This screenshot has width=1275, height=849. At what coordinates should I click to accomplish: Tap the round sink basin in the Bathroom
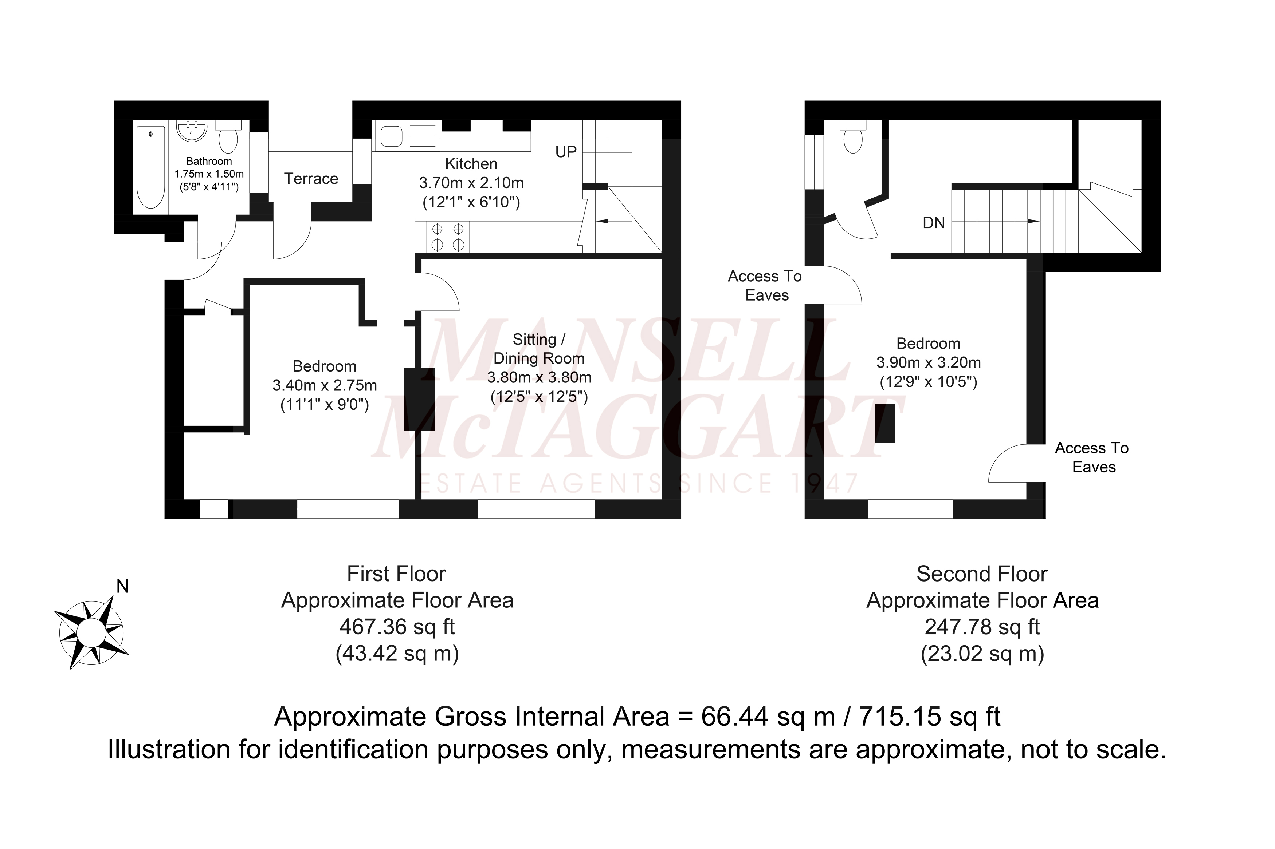pos(192,131)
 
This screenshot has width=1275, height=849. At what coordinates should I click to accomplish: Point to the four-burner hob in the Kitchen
pos(448,237)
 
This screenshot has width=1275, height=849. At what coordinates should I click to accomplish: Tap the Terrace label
pos(311,179)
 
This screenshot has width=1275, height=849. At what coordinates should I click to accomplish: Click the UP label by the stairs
pos(566,152)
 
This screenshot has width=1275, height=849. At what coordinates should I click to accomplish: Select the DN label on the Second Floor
pos(934,223)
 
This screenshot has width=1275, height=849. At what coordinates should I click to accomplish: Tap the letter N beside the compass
pos(123,586)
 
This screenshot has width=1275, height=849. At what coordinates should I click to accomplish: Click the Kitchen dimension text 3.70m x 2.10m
pos(471,183)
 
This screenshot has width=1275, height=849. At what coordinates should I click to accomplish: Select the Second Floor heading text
pos(982,574)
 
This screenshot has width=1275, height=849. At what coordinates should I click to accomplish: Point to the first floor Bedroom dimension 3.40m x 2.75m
pos(325,385)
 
